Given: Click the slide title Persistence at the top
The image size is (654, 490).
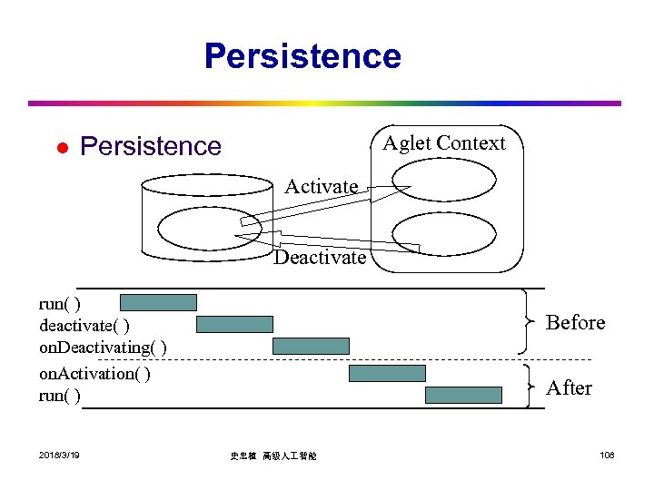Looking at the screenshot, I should (x=302, y=56).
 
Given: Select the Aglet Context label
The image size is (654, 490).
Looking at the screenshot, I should (x=444, y=143).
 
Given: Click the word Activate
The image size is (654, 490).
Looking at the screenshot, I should (x=322, y=187).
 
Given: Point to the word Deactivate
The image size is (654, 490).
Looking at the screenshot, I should (x=321, y=258).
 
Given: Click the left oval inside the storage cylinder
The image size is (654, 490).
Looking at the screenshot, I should (x=197, y=227).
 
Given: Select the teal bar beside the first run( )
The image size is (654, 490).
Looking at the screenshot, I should (x=158, y=302).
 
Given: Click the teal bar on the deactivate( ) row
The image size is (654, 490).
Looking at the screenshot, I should (x=234, y=324).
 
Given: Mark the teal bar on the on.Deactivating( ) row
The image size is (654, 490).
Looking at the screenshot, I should (x=311, y=346).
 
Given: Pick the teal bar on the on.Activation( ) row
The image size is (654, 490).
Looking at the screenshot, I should (x=387, y=373).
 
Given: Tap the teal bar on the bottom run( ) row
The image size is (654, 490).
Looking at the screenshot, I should (x=463, y=395).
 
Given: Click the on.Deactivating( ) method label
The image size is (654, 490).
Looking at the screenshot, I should (x=103, y=348).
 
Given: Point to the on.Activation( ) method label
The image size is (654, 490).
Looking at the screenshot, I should (x=95, y=373).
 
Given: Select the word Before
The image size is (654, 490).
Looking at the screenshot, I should (x=575, y=323).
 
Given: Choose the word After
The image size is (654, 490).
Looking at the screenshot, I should (x=569, y=388).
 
